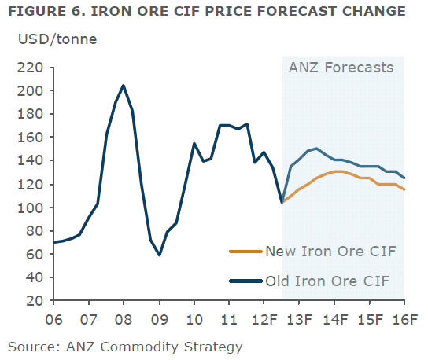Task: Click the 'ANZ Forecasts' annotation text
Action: pyautogui.click(x=340, y=68)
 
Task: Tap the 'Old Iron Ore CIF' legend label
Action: pyautogui.click(x=327, y=280)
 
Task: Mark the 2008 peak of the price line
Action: pyautogui.click(x=124, y=86)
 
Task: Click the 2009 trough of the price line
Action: pyautogui.click(x=159, y=255)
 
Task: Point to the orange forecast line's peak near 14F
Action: pyautogui.click(x=338, y=171)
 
